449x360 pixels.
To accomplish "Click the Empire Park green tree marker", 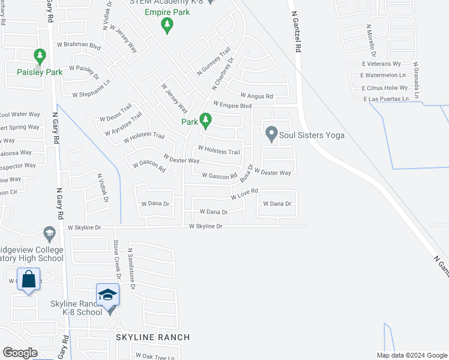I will pyautogui.click(x=167, y=25).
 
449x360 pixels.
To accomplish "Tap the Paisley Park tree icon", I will pyautogui.click(x=40, y=57).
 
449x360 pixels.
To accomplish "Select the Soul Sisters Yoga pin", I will pyautogui.click(x=271, y=134).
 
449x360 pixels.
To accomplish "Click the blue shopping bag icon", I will pyautogui.click(x=28, y=279).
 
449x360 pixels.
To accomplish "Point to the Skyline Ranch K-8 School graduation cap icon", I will pyautogui.click(x=107, y=294).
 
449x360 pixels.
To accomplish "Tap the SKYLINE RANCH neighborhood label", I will pyautogui.click(x=153, y=337).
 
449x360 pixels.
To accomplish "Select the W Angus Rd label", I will pyautogui.click(x=256, y=95).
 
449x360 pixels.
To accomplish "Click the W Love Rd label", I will pyautogui.click(x=244, y=193).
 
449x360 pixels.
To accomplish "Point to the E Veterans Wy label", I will pyautogui.click(x=380, y=64).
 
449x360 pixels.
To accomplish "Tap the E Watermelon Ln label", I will pyautogui.click(x=384, y=76).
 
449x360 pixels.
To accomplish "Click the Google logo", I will pyautogui.click(x=20, y=353).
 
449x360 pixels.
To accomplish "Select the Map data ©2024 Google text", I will pyautogui.click(x=412, y=355).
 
